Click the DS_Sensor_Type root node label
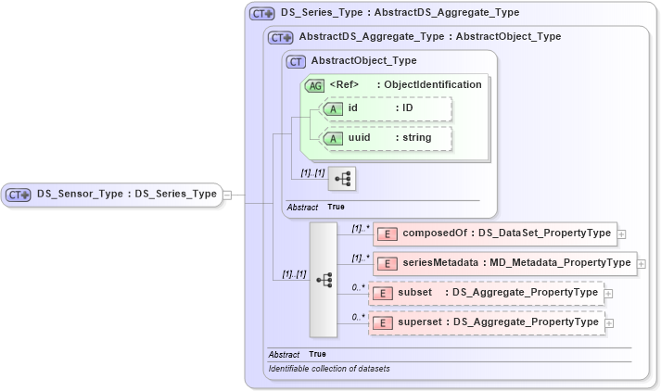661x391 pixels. pyautogui.click(x=126, y=195)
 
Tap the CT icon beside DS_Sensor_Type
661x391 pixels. pyautogui.click(x=19, y=195)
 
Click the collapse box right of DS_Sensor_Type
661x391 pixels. pyautogui.click(x=227, y=195)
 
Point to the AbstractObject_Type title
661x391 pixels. pyautogui.click(x=363, y=61)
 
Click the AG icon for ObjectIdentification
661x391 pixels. pyautogui.click(x=314, y=84)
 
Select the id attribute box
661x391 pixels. pyautogui.click(x=385, y=108)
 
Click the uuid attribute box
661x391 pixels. pyautogui.click(x=385, y=137)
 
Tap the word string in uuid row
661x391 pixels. pyautogui.click(x=417, y=137)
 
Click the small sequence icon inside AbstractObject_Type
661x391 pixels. pyautogui.click(x=342, y=177)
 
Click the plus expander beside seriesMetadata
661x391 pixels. pyautogui.click(x=642, y=263)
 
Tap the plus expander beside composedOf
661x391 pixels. pyautogui.click(x=621, y=233)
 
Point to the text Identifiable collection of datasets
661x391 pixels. pyautogui.click(x=329, y=369)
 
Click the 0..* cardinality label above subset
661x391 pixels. pyautogui.click(x=357, y=287)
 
